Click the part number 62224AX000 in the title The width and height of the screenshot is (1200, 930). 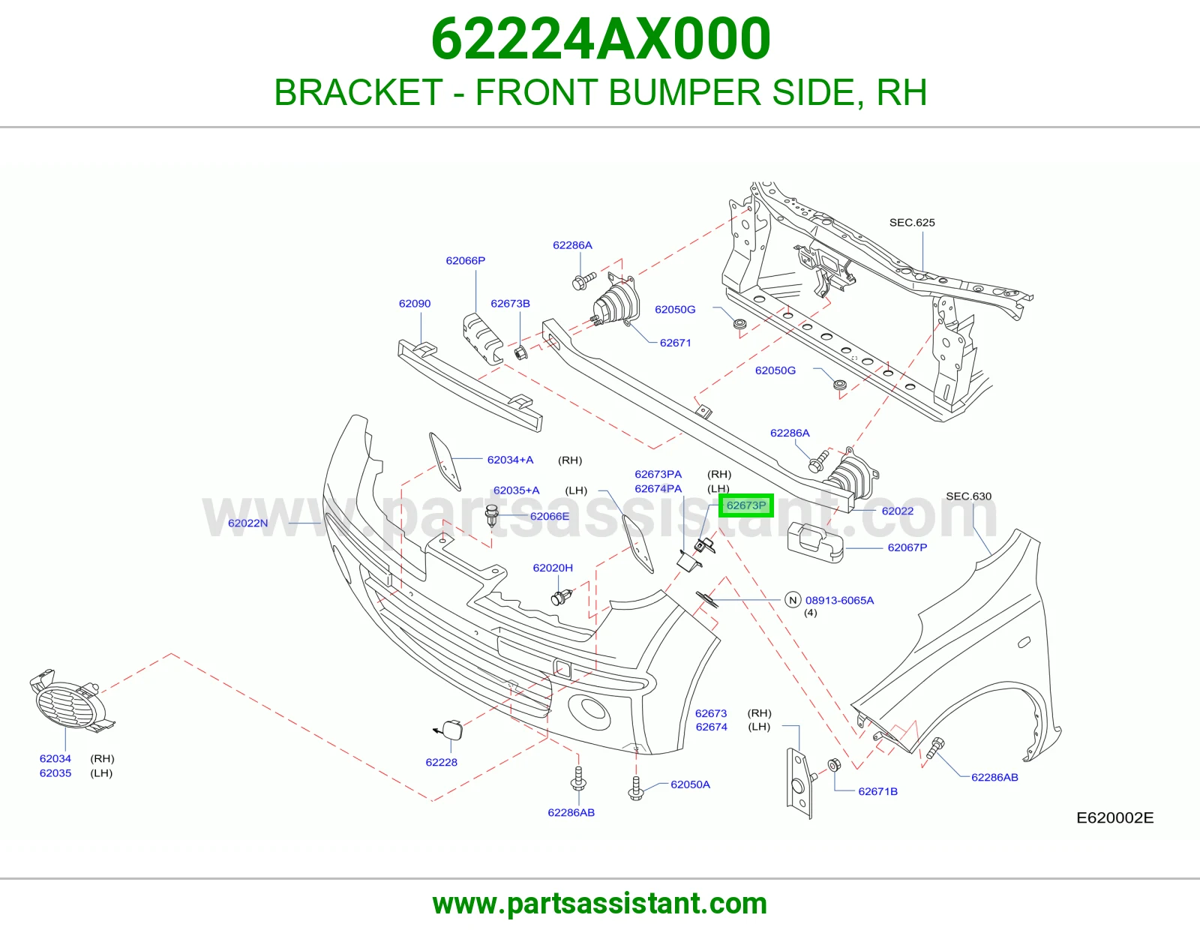[600, 39]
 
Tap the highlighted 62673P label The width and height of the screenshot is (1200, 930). [745, 505]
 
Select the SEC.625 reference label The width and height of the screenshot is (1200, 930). [912, 223]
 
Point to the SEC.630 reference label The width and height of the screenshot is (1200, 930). [968, 496]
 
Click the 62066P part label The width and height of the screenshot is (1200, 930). [466, 261]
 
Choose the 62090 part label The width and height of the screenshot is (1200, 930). [415, 303]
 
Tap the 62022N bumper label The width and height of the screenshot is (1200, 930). [248, 523]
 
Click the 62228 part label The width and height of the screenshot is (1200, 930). [441, 762]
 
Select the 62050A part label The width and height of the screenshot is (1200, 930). [690, 784]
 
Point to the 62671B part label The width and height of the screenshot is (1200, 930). [877, 791]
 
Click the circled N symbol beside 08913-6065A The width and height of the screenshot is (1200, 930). [793, 600]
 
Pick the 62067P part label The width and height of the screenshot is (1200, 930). [907, 547]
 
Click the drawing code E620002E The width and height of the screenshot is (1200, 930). [1115, 817]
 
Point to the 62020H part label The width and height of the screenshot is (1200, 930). [553, 568]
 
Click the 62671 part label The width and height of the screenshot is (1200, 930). [676, 343]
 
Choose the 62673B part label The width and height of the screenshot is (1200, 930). [510, 303]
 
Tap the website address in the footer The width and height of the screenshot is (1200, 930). [600, 904]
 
